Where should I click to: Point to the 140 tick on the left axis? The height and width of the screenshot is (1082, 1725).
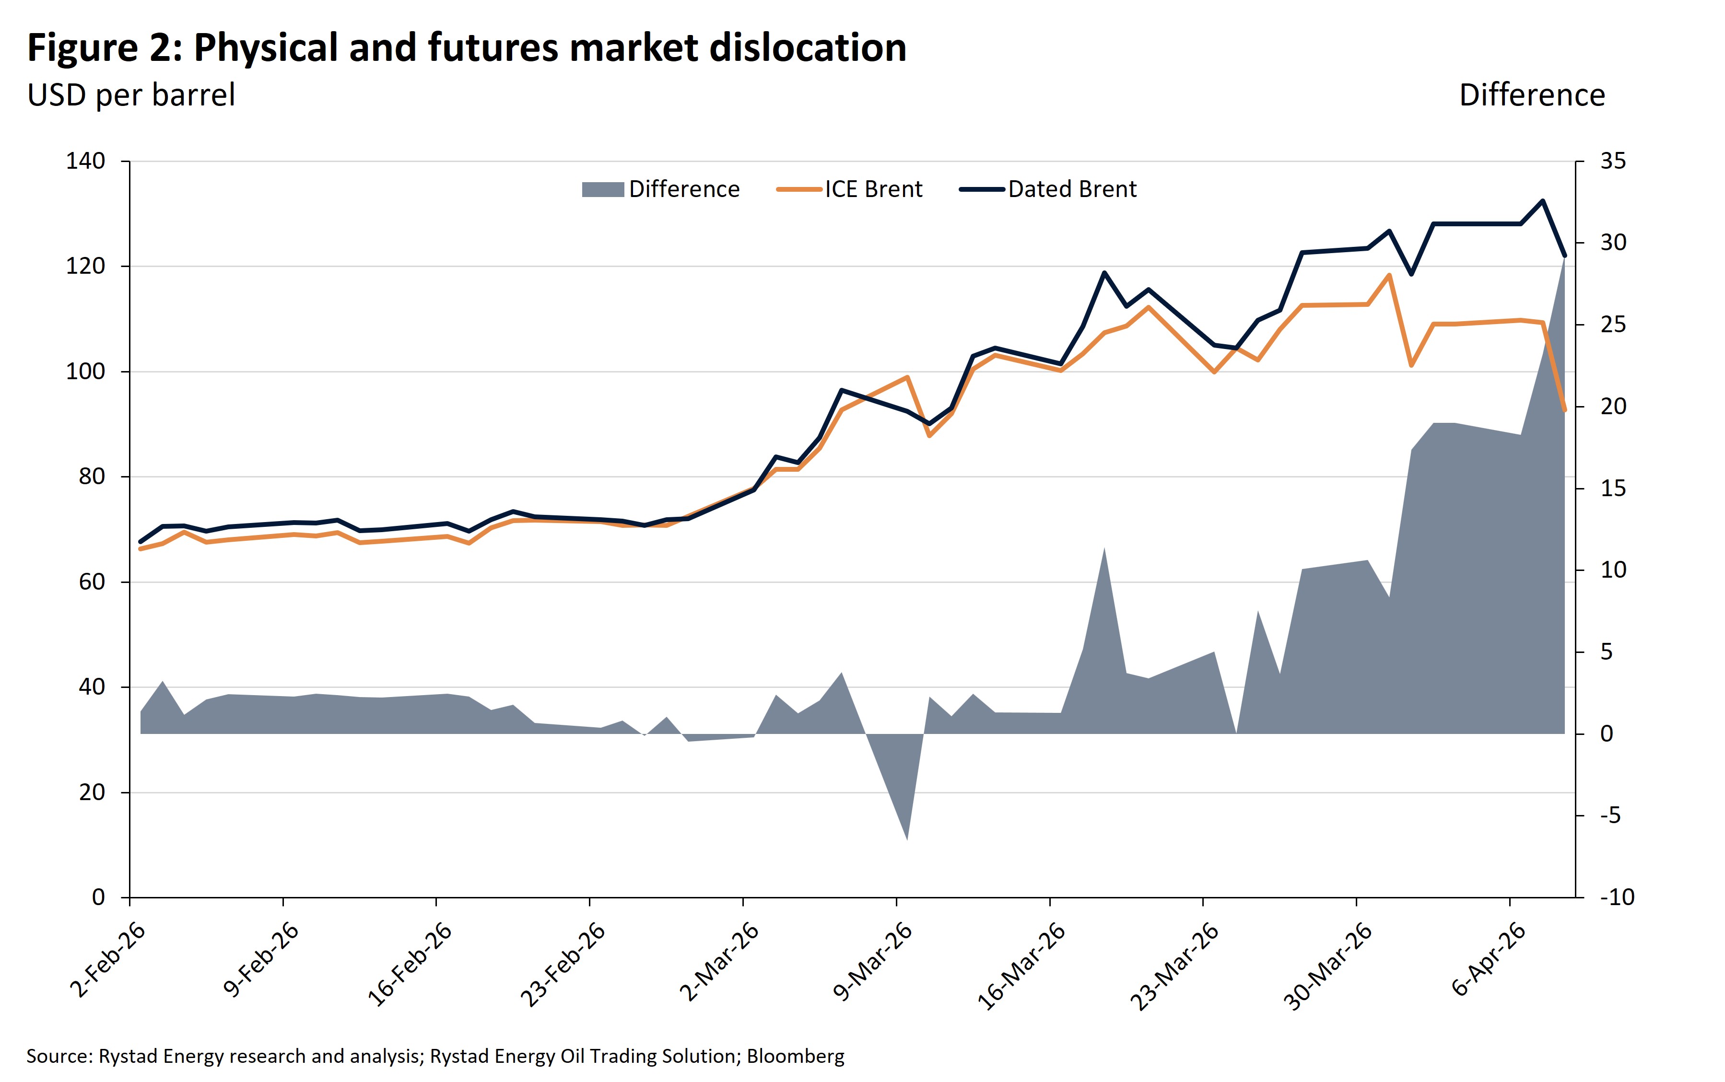pyautogui.click(x=85, y=161)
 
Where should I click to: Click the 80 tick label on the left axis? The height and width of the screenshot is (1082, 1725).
pyautogui.click(x=92, y=477)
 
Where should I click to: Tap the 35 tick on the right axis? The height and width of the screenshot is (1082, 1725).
pyautogui.click(x=1613, y=161)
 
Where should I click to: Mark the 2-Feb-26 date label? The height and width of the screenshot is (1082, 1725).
pyautogui.click(x=107, y=960)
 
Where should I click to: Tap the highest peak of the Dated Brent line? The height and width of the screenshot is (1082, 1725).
pyautogui.click(x=1542, y=201)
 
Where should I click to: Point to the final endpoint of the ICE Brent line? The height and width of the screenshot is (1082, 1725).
pyautogui.click(x=1565, y=410)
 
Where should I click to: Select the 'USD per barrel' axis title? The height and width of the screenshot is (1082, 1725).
pyautogui.click(x=131, y=95)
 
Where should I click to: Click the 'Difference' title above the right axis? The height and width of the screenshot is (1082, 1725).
pyautogui.click(x=1532, y=95)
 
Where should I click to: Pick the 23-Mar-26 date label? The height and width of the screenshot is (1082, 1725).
pyautogui.click(x=1174, y=965)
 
